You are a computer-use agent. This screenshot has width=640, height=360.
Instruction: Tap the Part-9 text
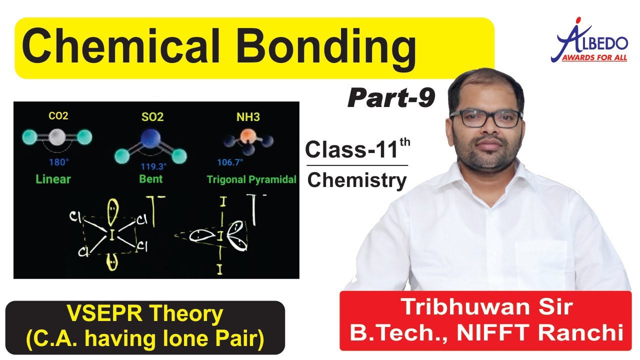tap(391, 98)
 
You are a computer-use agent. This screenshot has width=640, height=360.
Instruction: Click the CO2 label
tap(58, 116)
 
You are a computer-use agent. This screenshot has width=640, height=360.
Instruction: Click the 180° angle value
tap(58, 162)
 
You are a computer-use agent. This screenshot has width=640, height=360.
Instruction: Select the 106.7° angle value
tap(230, 162)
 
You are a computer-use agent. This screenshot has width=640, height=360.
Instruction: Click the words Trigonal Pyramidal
tap(251, 179)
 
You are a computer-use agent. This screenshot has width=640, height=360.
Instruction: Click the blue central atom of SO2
tap(148, 138)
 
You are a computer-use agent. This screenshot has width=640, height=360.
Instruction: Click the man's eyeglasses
tap(485, 118)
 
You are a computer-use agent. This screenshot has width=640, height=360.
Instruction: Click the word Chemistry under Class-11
tap(356, 180)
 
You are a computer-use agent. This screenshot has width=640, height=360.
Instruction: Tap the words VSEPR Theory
tap(145, 314)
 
